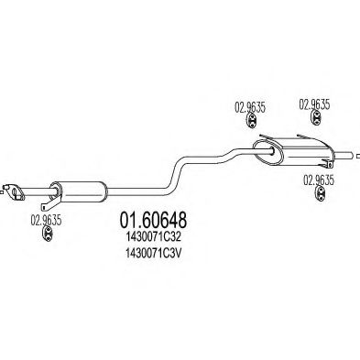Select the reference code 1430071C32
tap(151, 240)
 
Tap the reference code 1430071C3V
tap(151, 256)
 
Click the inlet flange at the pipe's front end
tap(14, 191)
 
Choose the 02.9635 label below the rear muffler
tap(318, 180)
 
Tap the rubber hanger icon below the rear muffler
tap(318, 199)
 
